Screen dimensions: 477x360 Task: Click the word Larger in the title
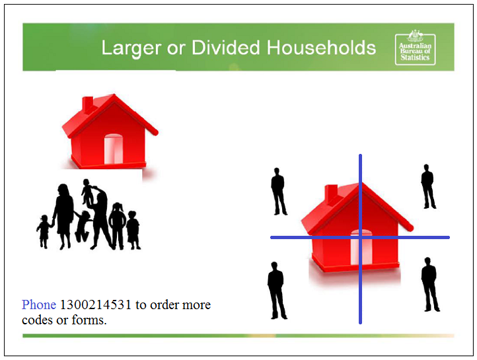pyautogui.click(x=131, y=49)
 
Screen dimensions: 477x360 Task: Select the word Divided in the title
pyautogui.click(x=226, y=48)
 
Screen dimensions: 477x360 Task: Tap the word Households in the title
pyautogui.click(x=321, y=48)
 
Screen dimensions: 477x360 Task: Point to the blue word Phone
pyautogui.click(x=39, y=305)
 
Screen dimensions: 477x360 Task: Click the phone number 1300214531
pyautogui.click(x=96, y=305)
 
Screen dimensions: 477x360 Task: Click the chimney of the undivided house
pyautogui.click(x=88, y=104)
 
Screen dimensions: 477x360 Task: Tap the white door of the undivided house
pyautogui.click(x=114, y=149)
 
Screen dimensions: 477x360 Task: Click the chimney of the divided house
pyautogui.click(x=331, y=192)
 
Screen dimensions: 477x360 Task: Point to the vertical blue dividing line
pyautogui.click(x=360, y=239)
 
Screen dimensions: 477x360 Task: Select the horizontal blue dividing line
pyautogui.click(x=360, y=237)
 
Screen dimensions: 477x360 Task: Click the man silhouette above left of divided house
pyautogui.click(x=278, y=192)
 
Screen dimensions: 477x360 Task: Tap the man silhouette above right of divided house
pyautogui.click(x=428, y=186)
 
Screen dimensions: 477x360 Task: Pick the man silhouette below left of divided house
pyautogui.click(x=277, y=291)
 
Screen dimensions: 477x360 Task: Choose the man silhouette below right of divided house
pyautogui.click(x=429, y=285)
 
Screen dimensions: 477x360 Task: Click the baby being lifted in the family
pyautogui.click(x=88, y=192)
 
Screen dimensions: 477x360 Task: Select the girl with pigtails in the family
pyautogui.click(x=118, y=226)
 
